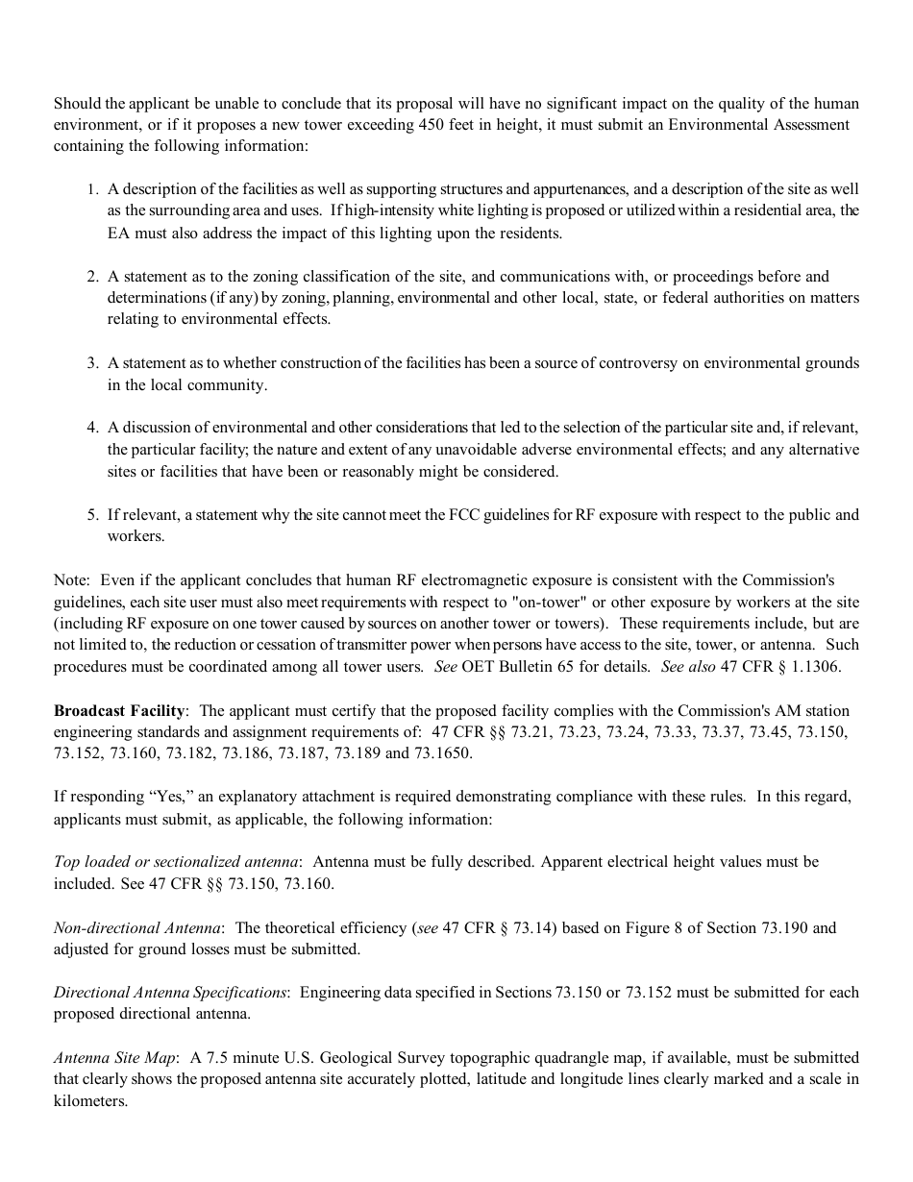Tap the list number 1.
[93, 189]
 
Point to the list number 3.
[93, 363]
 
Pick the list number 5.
[93, 515]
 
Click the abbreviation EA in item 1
[118, 233]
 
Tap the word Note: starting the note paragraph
[72, 580]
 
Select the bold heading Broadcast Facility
[119, 711]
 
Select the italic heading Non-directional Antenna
[138, 928]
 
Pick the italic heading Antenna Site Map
[114, 1058]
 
